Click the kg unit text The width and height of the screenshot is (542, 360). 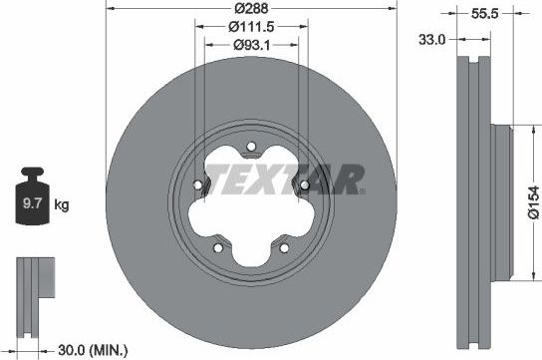62,206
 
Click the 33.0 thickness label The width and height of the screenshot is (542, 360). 431,41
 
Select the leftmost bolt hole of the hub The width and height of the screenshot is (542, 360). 197,185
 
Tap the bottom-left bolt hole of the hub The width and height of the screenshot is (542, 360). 218,247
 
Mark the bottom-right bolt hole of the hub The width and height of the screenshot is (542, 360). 284,247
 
